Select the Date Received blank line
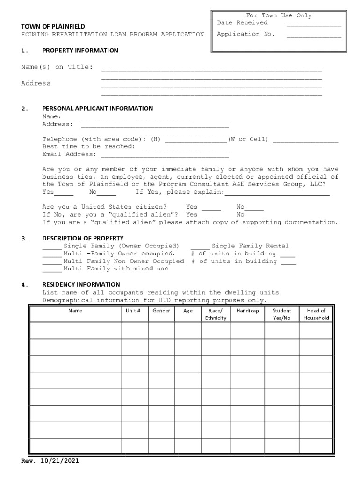click(314, 25)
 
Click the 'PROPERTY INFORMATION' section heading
click(80, 51)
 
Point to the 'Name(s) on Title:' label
click(57, 67)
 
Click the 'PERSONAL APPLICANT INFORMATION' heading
click(97, 109)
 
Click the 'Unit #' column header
click(135, 311)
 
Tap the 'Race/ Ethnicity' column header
click(216, 314)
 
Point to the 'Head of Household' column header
click(316, 314)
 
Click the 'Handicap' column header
click(247, 311)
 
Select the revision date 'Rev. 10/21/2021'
click(50, 461)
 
